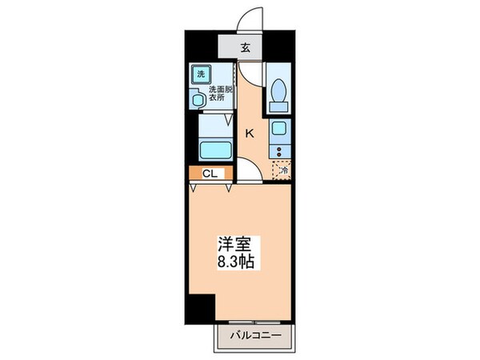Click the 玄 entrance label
tap(246, 46)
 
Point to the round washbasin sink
tap(198, 100)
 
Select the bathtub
tap(214, 150)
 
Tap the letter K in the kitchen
tap(249, 133)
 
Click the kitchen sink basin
tap(280, 128)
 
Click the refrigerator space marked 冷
tap(282, 169)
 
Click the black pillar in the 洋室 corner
tap(202, 307)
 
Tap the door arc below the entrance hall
tap(250, 74)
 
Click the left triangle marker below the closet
tap(194, 188)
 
